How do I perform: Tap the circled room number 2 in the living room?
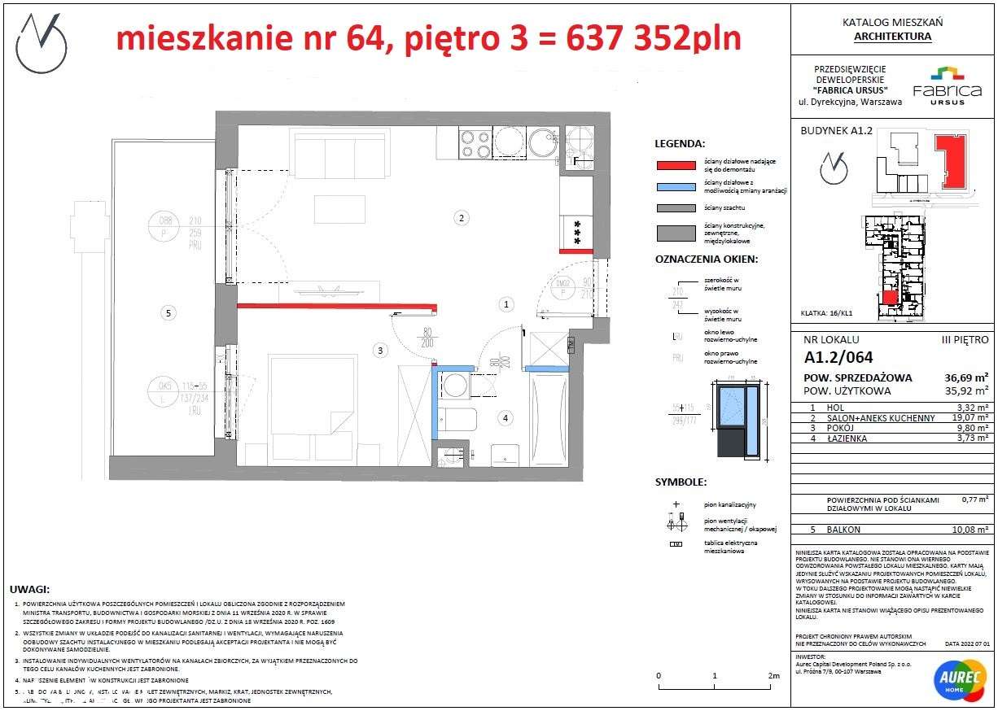[461, 217]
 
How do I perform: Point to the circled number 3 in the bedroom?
[379, 351]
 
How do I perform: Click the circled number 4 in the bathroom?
[506, 418]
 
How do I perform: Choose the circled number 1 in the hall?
[506, 304]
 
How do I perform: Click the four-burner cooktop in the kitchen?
[473, 143]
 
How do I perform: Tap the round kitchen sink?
[542, 143]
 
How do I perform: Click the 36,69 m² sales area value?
[962, 377]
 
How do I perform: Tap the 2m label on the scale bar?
[773, 676]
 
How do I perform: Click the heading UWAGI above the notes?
[30, 588]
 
